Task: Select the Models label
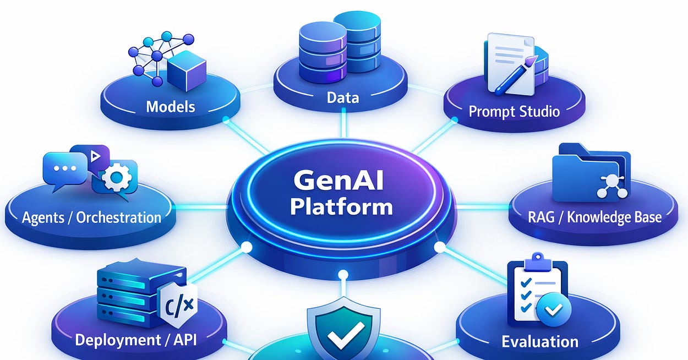tap(171, 106)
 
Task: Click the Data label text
tap(342, 98)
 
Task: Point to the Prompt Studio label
tap(514, 112)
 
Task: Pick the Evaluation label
tap(540, 341)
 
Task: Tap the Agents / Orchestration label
tap(91, 217)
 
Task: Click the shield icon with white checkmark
tap(343, 329)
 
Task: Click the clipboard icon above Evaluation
tap(533, 289)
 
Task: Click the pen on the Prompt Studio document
tap(516, 72)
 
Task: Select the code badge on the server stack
tap(177, 304)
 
